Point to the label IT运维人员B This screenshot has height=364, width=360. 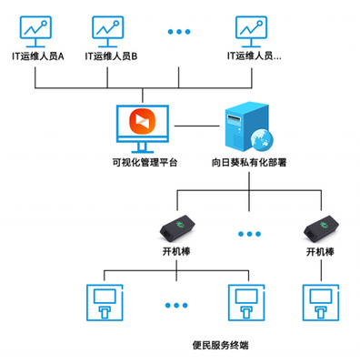point(111,56)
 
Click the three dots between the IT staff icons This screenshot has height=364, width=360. point(180,32)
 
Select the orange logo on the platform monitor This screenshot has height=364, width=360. point(144,122)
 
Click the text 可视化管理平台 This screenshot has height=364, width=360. point(144,164)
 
